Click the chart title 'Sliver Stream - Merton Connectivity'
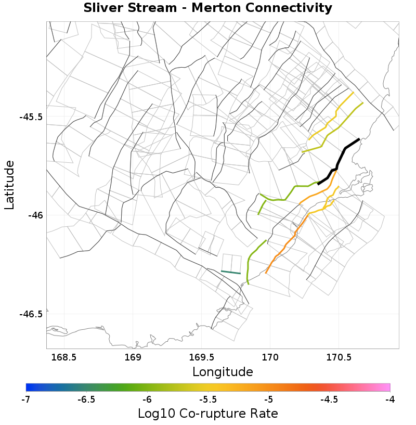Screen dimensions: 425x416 (x=207, y=8)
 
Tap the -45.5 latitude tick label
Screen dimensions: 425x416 (x=31, y=117)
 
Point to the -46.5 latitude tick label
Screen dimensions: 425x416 (x=31, y=314)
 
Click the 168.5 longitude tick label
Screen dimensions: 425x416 (x=64, y=357)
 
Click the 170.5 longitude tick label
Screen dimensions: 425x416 (x=339, y=357)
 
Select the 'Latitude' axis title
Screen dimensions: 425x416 (x=10, y=185)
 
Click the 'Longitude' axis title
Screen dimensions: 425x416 (x=223, y=372)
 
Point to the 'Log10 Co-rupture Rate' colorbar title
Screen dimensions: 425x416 (x=207, y=414)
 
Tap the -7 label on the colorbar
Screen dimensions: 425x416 (x=27, y=399)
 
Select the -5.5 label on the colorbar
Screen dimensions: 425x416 (x=207, y=399)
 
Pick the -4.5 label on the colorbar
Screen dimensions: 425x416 (x=329, y=399)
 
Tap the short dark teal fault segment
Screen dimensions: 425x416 (x=231, y=272)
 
